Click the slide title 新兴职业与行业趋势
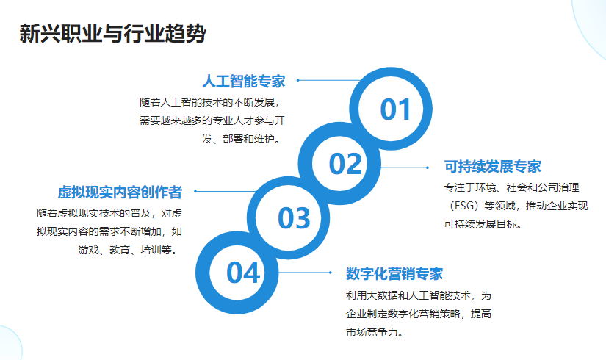point(112,33)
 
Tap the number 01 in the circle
point(395,109)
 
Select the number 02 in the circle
point(345,164)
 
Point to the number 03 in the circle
point(294,218)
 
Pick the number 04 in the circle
point(242,273)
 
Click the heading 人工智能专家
point(243,82)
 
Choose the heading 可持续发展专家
point(492,167)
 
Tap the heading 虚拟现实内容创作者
point(120,192)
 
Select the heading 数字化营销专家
point(394,274)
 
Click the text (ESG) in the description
point(461,206)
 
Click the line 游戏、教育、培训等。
point(129,250)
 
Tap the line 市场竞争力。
point(375,332)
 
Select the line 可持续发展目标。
point(483,224)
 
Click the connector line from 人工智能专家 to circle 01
point(329,80)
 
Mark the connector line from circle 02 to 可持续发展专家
point(404,168)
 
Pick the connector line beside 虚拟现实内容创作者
point(226,192)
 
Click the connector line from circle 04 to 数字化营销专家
point(304,273)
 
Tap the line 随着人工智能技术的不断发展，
point(209,102)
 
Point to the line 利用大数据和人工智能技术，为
point(419,296)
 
